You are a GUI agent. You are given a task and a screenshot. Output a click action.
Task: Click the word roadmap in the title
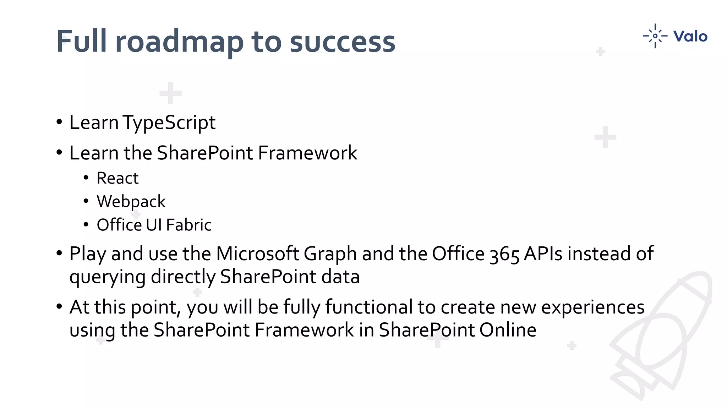[x=179, y=42]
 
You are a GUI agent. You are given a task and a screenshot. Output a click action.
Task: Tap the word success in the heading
[x=342, y=42]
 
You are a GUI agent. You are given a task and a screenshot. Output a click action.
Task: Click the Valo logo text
[x=690, y=37]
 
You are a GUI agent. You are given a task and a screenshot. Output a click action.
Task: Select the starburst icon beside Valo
[x=655, y=36]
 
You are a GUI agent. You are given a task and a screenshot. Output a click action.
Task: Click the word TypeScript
[x=169, y=123]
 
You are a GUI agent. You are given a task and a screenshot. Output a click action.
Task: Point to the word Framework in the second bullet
[x=307, y=153]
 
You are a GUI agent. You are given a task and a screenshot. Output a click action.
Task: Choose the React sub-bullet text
[x=117, y=178]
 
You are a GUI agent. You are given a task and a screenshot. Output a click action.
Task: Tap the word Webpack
[x=131, y=202]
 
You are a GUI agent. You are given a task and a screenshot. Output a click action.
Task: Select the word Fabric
[x=188, y=225]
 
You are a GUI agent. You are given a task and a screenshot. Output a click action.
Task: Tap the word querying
[x=107, y=277]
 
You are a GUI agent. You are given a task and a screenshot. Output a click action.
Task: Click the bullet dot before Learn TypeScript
[x=59, y=122]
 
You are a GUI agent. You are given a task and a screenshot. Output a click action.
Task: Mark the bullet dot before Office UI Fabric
[x=86, y=225]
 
